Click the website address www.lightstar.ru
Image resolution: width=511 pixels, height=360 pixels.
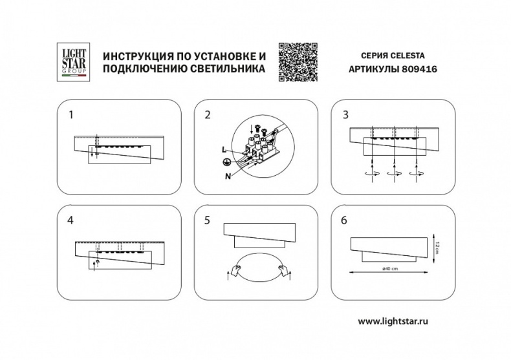(x=395, y=321)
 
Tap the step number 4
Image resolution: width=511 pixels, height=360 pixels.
(x=71, y=220)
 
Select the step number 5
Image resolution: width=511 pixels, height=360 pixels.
(x=208, y=220)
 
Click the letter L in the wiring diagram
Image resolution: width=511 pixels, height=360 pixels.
(x=223, y=149)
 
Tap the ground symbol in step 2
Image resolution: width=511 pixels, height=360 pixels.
(x=226, y=163)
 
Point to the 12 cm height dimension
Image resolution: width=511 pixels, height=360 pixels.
(x=438, y=246)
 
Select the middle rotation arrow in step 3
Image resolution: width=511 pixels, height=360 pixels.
(x=391, y=173)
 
